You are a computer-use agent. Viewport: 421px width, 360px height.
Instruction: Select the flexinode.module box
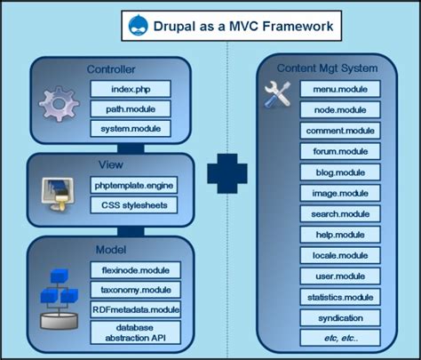tap(135, 268)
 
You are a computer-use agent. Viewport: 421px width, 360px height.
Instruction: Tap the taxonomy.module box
tap(135, 289)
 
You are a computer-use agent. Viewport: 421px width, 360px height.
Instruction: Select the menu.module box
tap(340, 90)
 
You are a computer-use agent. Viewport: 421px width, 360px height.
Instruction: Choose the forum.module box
tap(340, 151)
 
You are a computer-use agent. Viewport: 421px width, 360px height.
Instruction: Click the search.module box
tap(340, 213)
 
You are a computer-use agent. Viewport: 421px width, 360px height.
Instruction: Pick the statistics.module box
tap(340, 296)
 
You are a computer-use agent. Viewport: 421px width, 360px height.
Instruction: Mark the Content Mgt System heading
tap(327, 68)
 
